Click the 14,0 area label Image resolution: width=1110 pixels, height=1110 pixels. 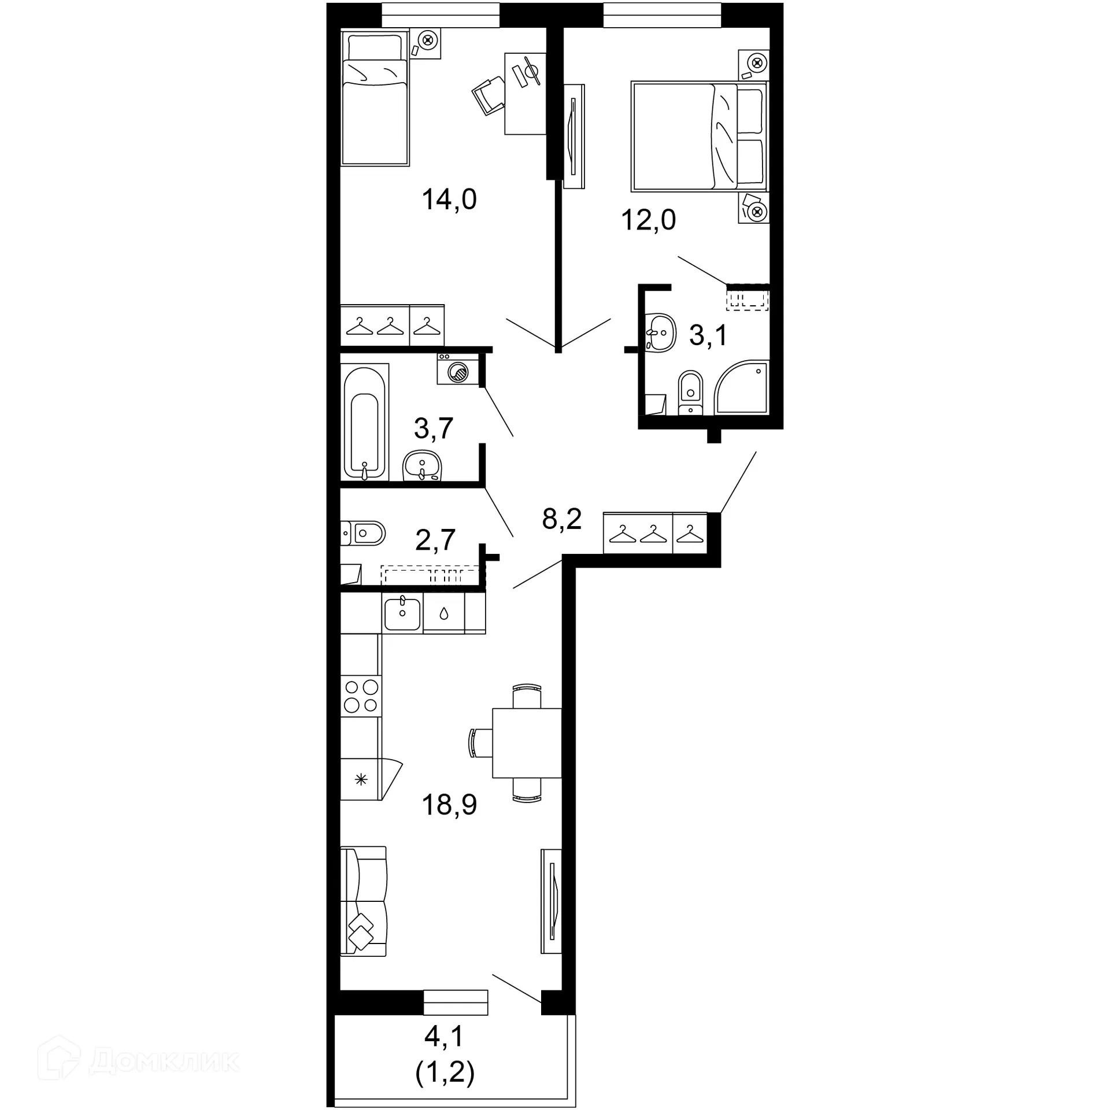point(449,199)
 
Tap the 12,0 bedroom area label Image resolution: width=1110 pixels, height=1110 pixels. point(648,220)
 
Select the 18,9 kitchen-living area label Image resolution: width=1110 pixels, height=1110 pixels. point(449,804)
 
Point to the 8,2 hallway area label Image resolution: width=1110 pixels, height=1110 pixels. point(561,519)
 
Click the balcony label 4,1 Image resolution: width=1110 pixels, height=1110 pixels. point(444,1037)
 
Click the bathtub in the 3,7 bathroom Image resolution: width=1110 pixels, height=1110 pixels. point(364,421)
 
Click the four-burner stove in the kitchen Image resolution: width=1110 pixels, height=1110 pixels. point(361,696)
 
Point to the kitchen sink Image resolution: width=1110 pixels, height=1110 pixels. point(402,614)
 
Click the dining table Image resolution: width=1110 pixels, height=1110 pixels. point(527,743)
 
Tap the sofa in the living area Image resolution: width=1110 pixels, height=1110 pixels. point(363,901)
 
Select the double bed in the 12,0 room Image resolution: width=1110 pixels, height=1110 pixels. point(698,136)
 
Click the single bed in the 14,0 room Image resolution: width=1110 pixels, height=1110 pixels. point(375,98)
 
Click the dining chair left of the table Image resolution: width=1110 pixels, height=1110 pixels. point(480,743)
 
